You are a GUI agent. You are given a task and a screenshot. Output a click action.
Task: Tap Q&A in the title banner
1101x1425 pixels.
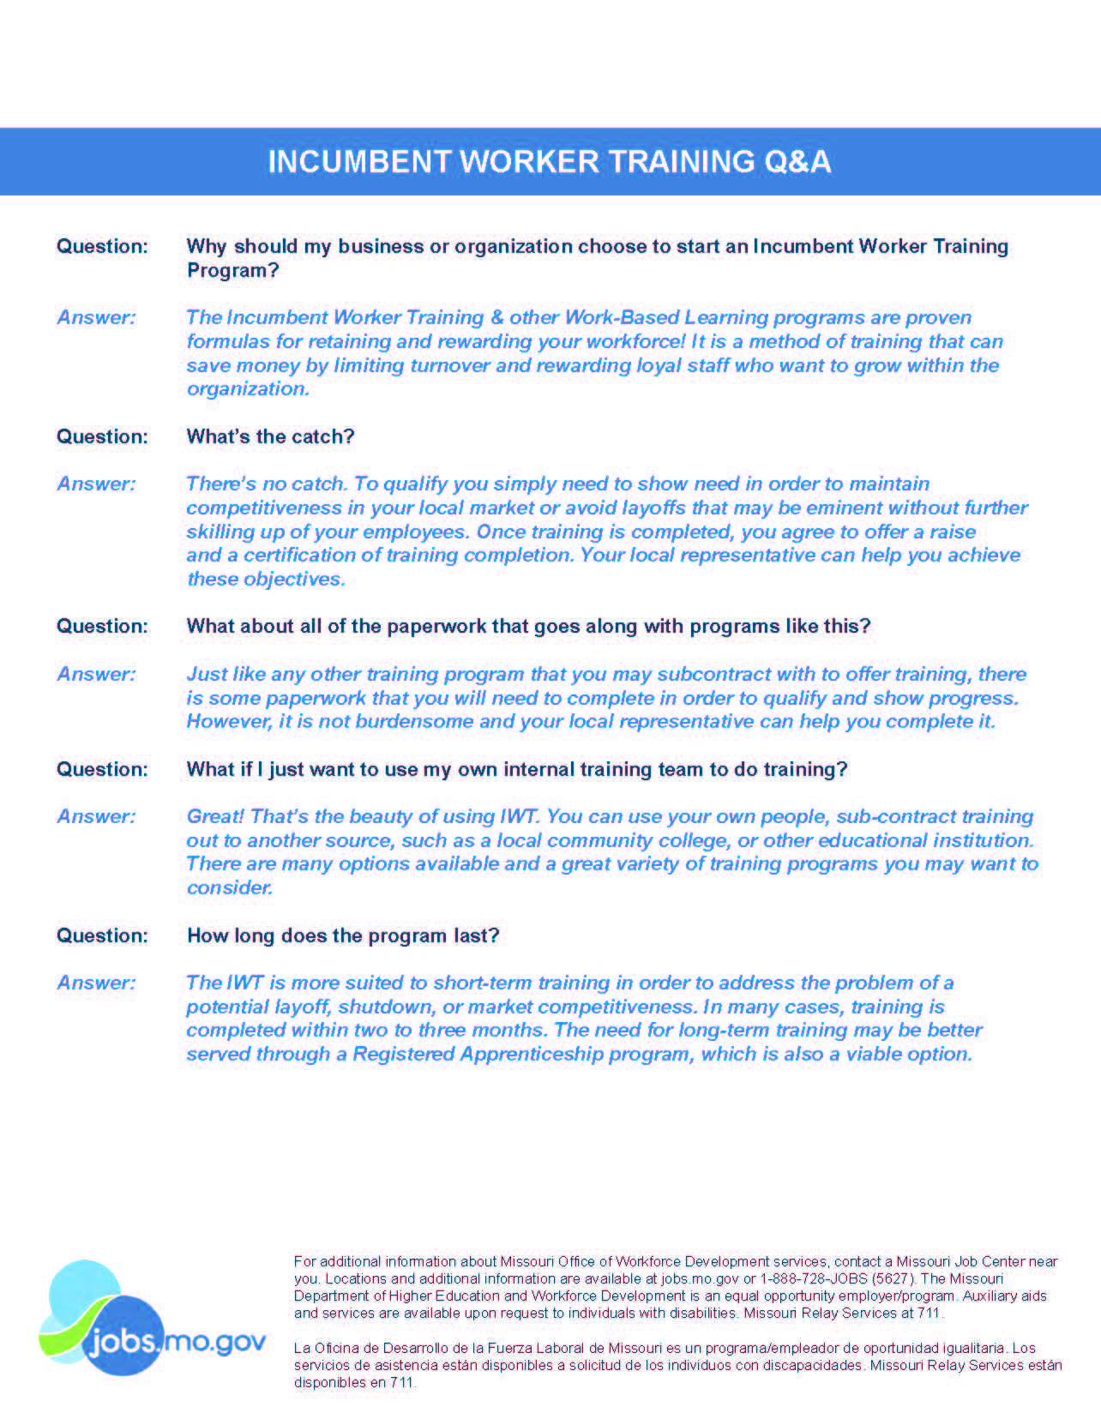(797, 162)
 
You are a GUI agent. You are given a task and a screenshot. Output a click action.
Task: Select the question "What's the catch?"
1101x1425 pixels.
(270, 436)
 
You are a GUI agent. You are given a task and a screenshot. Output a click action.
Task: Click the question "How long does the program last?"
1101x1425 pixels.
(343, 935)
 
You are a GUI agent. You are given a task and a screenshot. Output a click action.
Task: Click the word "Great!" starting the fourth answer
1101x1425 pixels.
(215, 816)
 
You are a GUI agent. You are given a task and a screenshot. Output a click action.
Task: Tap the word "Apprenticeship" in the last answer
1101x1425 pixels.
(531, 1054)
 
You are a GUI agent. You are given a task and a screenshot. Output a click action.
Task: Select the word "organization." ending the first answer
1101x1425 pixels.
(248, 389)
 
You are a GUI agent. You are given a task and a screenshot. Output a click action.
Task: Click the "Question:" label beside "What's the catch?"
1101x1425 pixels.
(102, 436)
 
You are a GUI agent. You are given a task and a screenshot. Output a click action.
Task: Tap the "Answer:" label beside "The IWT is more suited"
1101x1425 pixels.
(96, 983)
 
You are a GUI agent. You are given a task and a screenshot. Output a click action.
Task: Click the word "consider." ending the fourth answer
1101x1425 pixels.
(230, 888)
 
